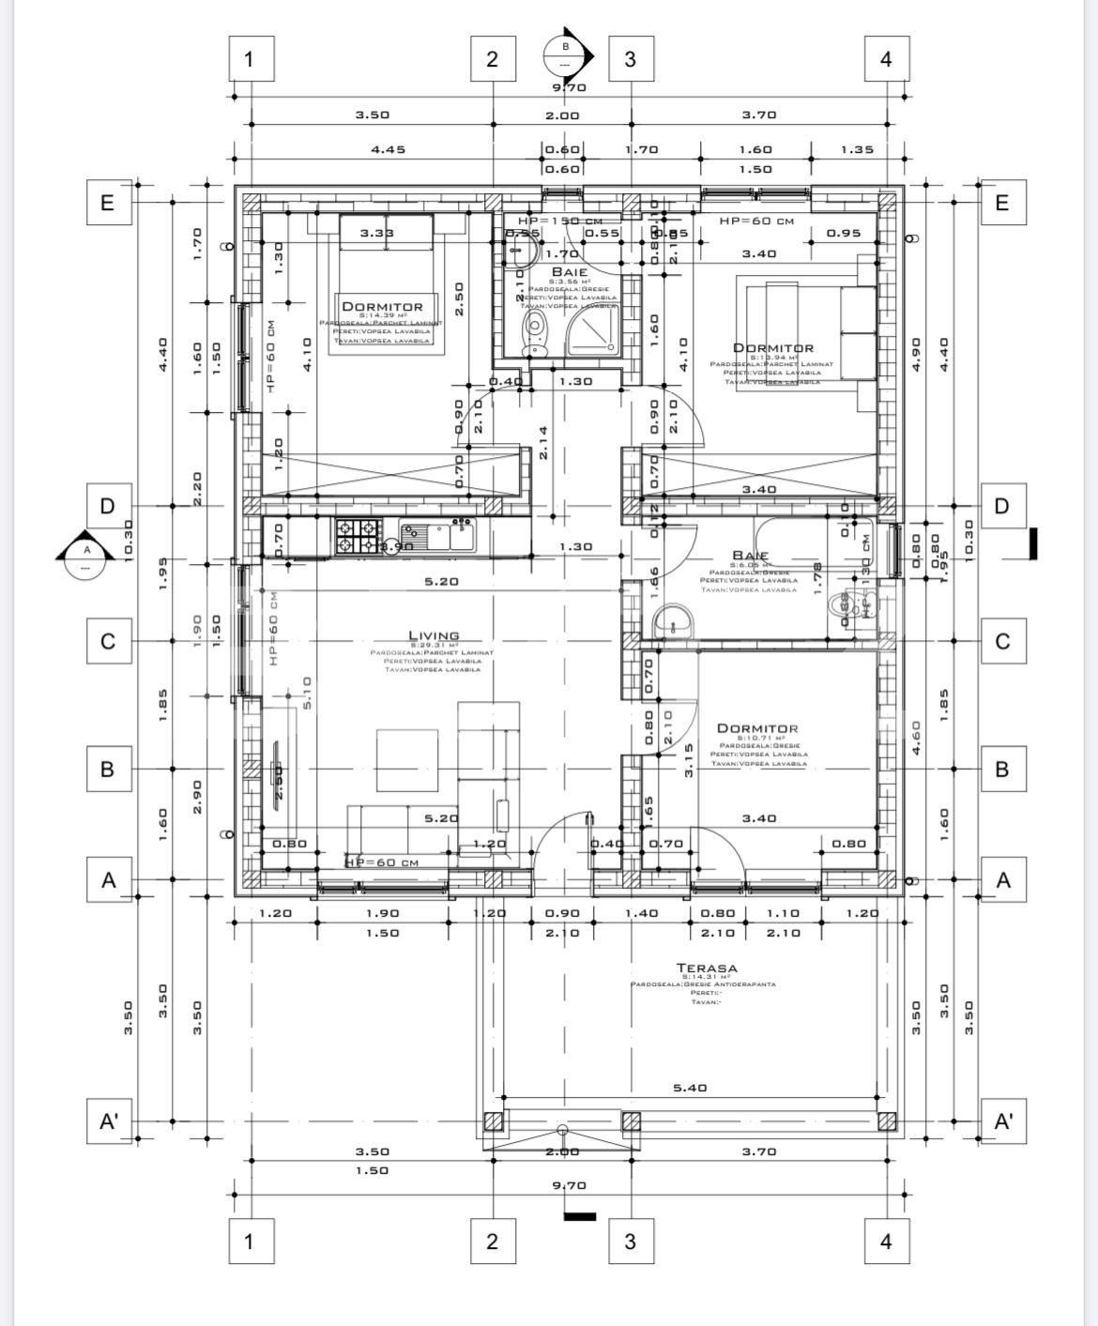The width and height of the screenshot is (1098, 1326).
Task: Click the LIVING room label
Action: (434, 636)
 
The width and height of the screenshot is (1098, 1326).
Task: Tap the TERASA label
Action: (707, 968)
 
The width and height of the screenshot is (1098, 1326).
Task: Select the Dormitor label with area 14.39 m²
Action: (382, 307)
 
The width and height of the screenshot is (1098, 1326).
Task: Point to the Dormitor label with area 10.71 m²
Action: (757, 728)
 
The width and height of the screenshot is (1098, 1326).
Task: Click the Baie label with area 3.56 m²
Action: (569, 272)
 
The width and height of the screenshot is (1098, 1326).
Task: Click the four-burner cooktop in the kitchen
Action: (356, 536)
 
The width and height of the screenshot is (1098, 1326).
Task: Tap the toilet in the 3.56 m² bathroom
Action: (535, 332)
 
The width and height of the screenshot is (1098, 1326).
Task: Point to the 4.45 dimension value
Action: (388, 149)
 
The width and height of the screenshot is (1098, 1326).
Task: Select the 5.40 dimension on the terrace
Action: (690, 1089)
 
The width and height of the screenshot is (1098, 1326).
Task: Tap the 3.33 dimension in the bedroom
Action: (377, 233)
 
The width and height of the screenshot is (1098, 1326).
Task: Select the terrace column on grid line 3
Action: (631, 1121)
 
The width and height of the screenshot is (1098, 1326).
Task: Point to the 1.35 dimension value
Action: (857, 149)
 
